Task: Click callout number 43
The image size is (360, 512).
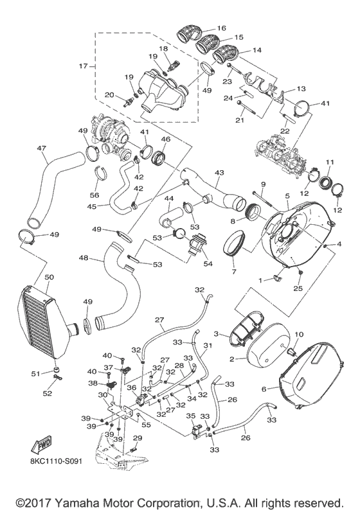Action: pos(220,173)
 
